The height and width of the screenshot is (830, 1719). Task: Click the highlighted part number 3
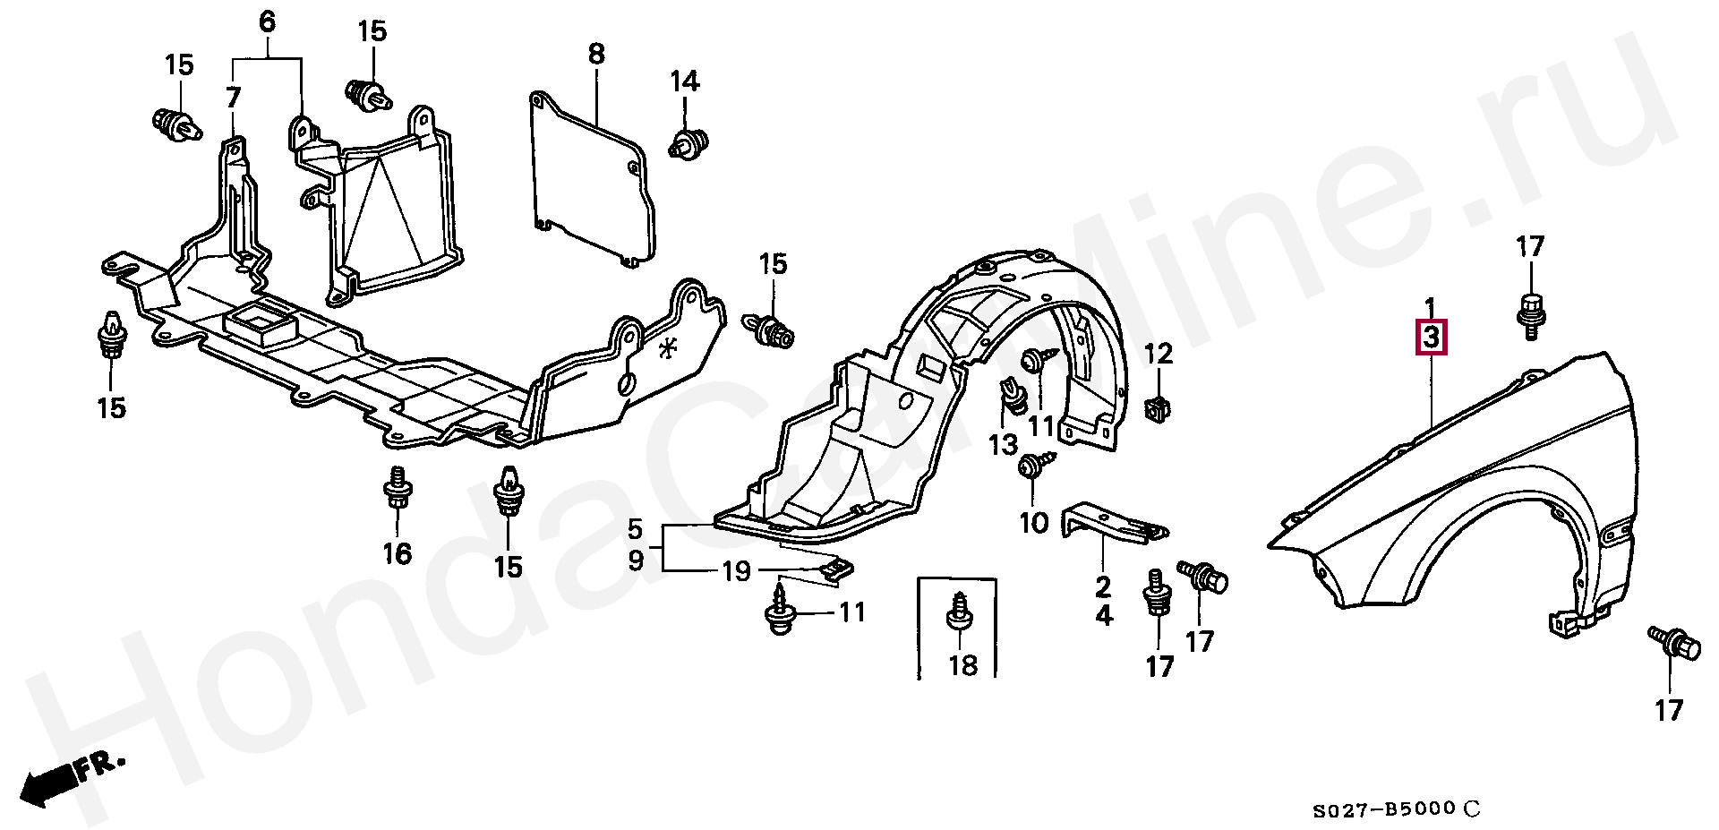coord(1431,338)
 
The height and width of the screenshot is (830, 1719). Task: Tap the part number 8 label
coord(596,54)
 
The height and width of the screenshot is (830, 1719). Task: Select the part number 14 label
coord(684,81)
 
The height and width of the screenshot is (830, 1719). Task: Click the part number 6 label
coord(268,22)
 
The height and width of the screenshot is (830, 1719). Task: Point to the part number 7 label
coord(233,97)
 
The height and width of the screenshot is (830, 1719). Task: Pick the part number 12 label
coord(1159,354)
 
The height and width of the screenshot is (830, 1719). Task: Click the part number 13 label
coord(1003,444)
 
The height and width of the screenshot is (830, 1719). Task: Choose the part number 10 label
coord(1033,522)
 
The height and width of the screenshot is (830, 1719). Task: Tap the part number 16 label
coord(397,553)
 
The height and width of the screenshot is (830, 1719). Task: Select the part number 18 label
coord(962,665)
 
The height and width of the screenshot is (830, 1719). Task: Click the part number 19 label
coord(736,570)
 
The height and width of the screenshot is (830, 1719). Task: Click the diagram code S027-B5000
coord(1384,810)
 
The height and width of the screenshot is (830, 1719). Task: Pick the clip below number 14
coord(688,144)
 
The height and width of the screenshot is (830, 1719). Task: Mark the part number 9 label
coord(636,561)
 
